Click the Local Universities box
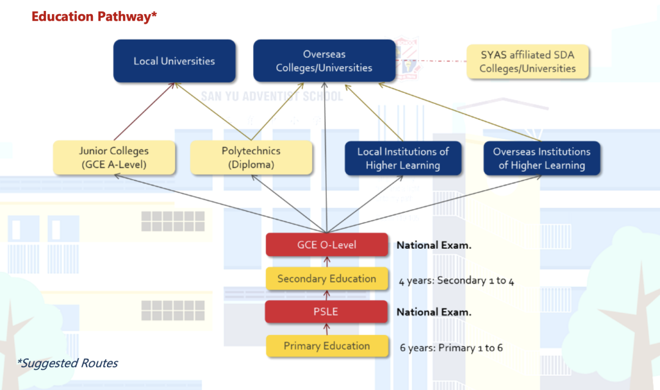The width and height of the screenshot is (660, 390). (x=174, y=61)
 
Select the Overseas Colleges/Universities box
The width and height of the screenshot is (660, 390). (x=324, y=61)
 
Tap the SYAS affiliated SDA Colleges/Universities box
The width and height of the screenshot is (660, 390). (x=527, y=61)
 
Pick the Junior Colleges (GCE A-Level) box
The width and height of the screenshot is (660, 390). (x=114, y=158)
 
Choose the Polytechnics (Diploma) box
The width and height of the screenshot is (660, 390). (x=251, y=158)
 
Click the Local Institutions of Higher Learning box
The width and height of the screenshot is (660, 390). (x=403, y=158)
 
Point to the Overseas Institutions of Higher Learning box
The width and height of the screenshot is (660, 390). (x=541, y=158)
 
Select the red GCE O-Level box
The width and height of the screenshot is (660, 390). (x=327, y=245)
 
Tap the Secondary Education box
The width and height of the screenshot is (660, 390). (x=327, y=279)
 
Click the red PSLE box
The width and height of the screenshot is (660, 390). (x=326, y=312)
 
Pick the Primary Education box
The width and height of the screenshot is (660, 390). (x=327, y=346)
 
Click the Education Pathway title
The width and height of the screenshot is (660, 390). (x=94, y=17)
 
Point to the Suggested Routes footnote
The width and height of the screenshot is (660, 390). (x=67, y=363)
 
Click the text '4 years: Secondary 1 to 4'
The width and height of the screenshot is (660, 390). (x=460, y=281)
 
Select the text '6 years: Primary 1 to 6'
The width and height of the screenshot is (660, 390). (x=452, y=348)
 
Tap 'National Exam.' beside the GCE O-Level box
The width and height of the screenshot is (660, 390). (x=434, y=245)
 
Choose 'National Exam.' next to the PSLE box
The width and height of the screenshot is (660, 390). (x=434, y=312)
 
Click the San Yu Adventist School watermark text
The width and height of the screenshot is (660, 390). (x=272, y=96)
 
